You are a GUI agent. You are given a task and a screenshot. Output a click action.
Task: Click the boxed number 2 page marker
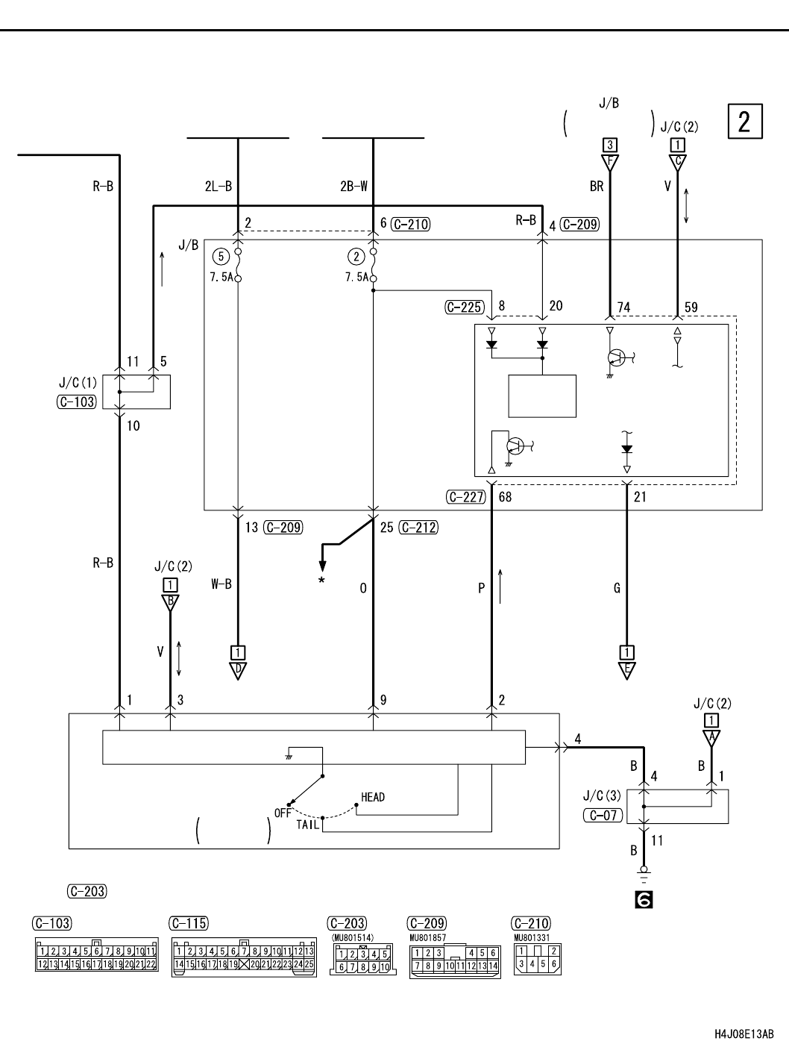tap(744, 122)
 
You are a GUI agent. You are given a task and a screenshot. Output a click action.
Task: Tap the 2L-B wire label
tap(219, 187)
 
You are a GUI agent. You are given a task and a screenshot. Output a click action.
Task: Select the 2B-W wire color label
tap(353, 187)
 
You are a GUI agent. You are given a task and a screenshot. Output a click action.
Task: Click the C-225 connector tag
tap(465, 306)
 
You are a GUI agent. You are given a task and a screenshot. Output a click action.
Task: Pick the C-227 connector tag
tap(465, 496)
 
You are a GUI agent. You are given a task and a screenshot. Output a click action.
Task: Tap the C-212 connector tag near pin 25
tap(418, 528)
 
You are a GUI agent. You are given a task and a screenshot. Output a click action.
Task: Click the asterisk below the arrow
tap(321, 579)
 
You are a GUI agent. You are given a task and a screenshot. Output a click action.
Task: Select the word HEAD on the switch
tap(373, 797)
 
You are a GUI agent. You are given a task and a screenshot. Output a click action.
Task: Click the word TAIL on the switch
tap(307, 825)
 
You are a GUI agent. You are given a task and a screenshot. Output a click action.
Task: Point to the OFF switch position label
tap(283, 813)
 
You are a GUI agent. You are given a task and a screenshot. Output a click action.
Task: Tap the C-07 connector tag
tap(601, 815)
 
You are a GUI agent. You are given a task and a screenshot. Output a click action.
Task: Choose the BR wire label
tap(597, 187)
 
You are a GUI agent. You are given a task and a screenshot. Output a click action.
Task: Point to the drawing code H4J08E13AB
tap(744, 1034)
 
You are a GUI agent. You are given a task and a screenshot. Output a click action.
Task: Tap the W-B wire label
tap(221, 584)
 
